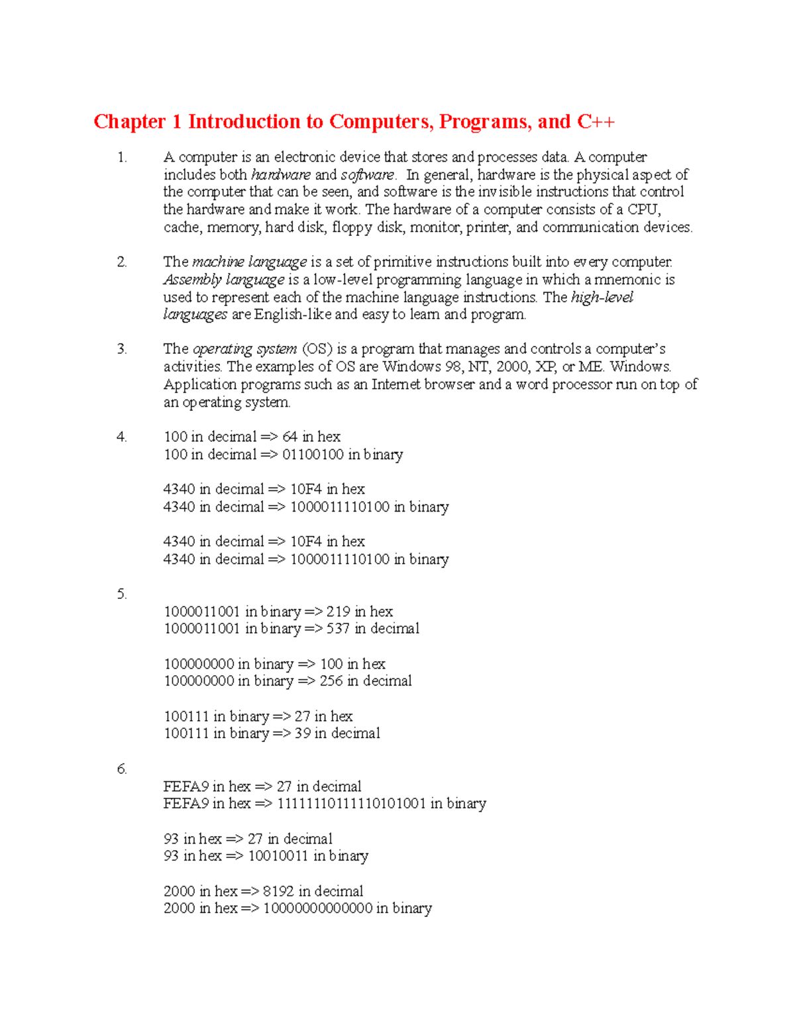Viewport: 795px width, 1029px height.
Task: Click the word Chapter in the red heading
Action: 130,122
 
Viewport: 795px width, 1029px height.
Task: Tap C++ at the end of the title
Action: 596,122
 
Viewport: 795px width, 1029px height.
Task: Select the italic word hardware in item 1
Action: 281,175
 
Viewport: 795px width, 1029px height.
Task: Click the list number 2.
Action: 121,262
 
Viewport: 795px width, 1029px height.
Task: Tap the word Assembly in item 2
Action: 192,280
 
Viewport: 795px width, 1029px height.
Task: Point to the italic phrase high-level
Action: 602,297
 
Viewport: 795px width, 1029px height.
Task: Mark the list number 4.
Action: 121,437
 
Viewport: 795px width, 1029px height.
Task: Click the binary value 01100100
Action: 313,455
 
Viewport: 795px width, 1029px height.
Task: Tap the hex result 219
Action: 338,612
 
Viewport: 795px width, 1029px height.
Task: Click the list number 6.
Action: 121,769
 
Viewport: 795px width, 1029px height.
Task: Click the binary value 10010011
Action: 278,856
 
